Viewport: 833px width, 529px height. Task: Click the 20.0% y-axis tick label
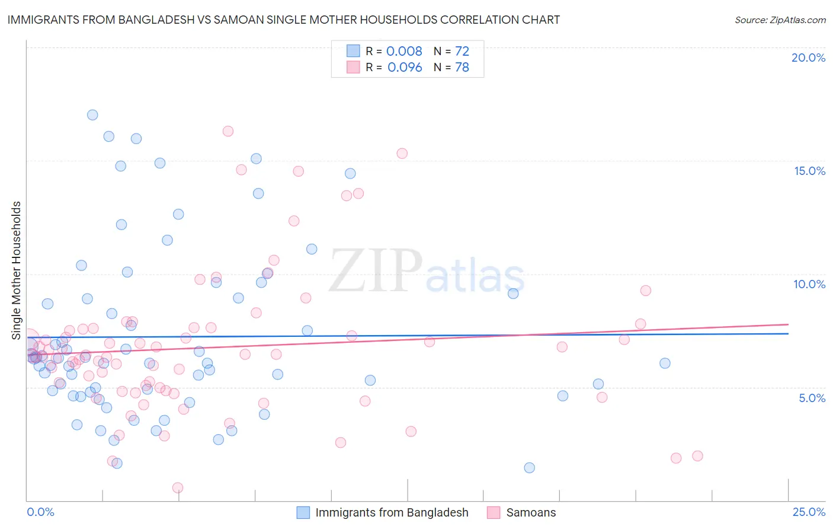click(808, 58)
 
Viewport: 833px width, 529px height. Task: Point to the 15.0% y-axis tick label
click(809, 171)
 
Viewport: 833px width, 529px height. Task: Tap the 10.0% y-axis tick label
click(809, 284)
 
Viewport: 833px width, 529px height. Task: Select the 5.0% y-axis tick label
click(812, 398)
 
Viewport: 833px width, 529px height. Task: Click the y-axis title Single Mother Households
click(16, 270)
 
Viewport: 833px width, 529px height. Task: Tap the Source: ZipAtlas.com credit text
click(780, 20)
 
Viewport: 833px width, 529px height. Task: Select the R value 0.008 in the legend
click(404, 52)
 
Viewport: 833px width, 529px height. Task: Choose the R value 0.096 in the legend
click(405, 68)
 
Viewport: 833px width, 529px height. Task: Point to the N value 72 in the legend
click(462, 52)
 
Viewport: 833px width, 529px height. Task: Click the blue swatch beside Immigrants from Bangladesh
click(303, 512)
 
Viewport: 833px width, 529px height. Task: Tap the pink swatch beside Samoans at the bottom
click(494, 512)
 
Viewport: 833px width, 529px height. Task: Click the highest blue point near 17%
click(92, 115)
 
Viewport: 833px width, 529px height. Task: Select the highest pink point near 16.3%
click(228, 131)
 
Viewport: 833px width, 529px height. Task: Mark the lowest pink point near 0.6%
click(178, 487)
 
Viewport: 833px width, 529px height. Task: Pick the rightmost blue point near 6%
click(665, 363)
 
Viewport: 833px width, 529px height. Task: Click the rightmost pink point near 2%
click(697, 456)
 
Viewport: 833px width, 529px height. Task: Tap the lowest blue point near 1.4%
click(530, 468)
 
